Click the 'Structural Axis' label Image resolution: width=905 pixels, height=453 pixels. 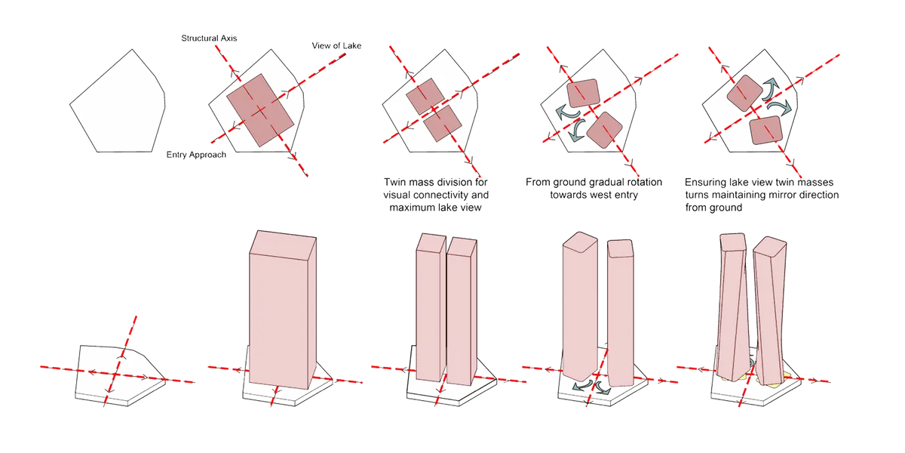209,39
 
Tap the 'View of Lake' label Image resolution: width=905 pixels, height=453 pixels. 336,46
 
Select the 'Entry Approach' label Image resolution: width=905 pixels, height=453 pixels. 196,155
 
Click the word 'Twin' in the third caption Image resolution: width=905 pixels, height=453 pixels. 394,182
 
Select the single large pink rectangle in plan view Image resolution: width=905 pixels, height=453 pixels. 260,110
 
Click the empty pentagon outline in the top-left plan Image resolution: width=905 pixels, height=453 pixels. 118,101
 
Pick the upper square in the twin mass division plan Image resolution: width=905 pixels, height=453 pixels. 425,97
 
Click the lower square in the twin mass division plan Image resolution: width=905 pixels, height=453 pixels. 443,123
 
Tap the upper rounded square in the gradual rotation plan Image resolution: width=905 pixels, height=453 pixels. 583,93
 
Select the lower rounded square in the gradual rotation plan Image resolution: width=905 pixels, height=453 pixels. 604,130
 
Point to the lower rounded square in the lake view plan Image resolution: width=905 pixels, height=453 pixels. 766,130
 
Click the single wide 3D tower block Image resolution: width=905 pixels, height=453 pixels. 282,310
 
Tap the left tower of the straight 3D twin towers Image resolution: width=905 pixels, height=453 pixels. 431,307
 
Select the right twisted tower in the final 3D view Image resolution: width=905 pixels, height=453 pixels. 770,310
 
